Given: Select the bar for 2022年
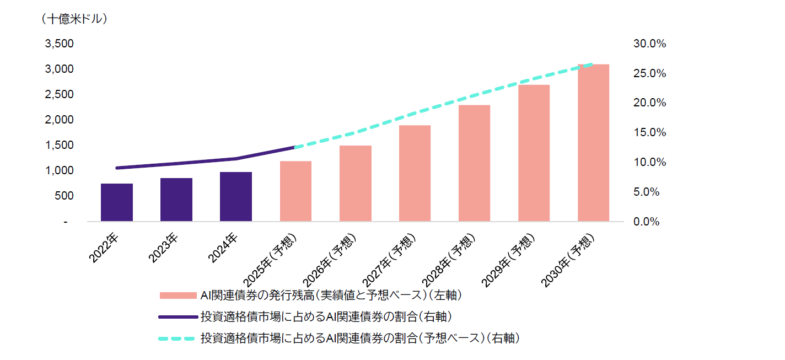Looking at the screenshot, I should pos(117,202).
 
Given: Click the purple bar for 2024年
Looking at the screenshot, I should pos(236,197).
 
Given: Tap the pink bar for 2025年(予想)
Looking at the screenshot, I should pos(295,191).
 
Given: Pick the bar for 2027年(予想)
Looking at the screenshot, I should pos(415,173).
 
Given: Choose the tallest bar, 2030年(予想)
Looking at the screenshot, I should pos(593,143).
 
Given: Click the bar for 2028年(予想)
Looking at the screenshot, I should pos(474,163).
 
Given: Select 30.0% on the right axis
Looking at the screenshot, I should pos(650,44).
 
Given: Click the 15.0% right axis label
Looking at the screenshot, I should pos(650,132).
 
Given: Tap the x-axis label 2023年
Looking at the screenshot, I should pos(163,248).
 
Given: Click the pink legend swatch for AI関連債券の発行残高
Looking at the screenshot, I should pos(178,295).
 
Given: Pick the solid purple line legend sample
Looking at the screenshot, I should pos(178,317).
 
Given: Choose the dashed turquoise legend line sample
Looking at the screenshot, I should pos(178,338).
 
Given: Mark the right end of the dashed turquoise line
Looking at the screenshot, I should pos(593,65).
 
